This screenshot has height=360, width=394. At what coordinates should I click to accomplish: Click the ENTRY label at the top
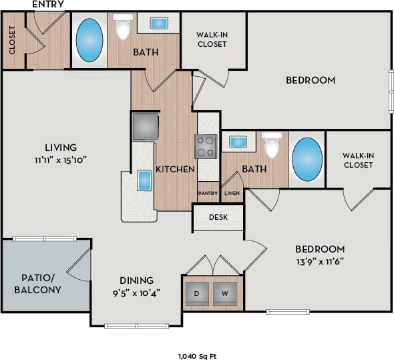point(48,5)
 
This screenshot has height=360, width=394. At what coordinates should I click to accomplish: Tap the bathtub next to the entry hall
point(89,40)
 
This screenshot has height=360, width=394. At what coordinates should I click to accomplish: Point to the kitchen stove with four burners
point(206,146)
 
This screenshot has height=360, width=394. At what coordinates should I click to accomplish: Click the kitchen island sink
point(144,180)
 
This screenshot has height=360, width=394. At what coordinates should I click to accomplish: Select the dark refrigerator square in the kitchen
point(146,126)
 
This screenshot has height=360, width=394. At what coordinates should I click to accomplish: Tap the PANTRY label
point(207,193)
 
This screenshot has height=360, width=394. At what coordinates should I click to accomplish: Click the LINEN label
point(231,193)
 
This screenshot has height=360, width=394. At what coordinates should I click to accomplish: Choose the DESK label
point(218,217)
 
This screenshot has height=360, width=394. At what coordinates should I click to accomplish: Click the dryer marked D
point(197,293)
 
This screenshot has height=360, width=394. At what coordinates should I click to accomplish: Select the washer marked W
point(225,293)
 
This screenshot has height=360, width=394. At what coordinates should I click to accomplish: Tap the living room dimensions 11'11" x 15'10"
point(61,160)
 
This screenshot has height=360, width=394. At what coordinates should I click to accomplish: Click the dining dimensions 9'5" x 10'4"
point(136,293)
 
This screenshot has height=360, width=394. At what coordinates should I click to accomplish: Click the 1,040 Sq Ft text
point(198,356)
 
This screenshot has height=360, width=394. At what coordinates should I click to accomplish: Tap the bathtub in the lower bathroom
point(307,160)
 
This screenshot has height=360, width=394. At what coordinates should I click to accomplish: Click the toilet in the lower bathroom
point(272,145)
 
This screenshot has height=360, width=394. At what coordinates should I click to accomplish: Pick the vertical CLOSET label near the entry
point(12,41)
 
